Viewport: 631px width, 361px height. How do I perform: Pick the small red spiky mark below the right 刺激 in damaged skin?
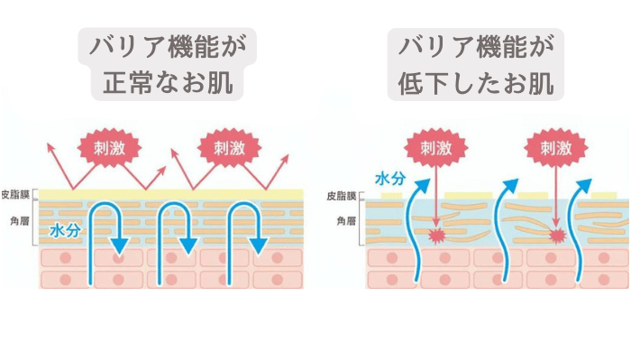pos(556,236)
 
